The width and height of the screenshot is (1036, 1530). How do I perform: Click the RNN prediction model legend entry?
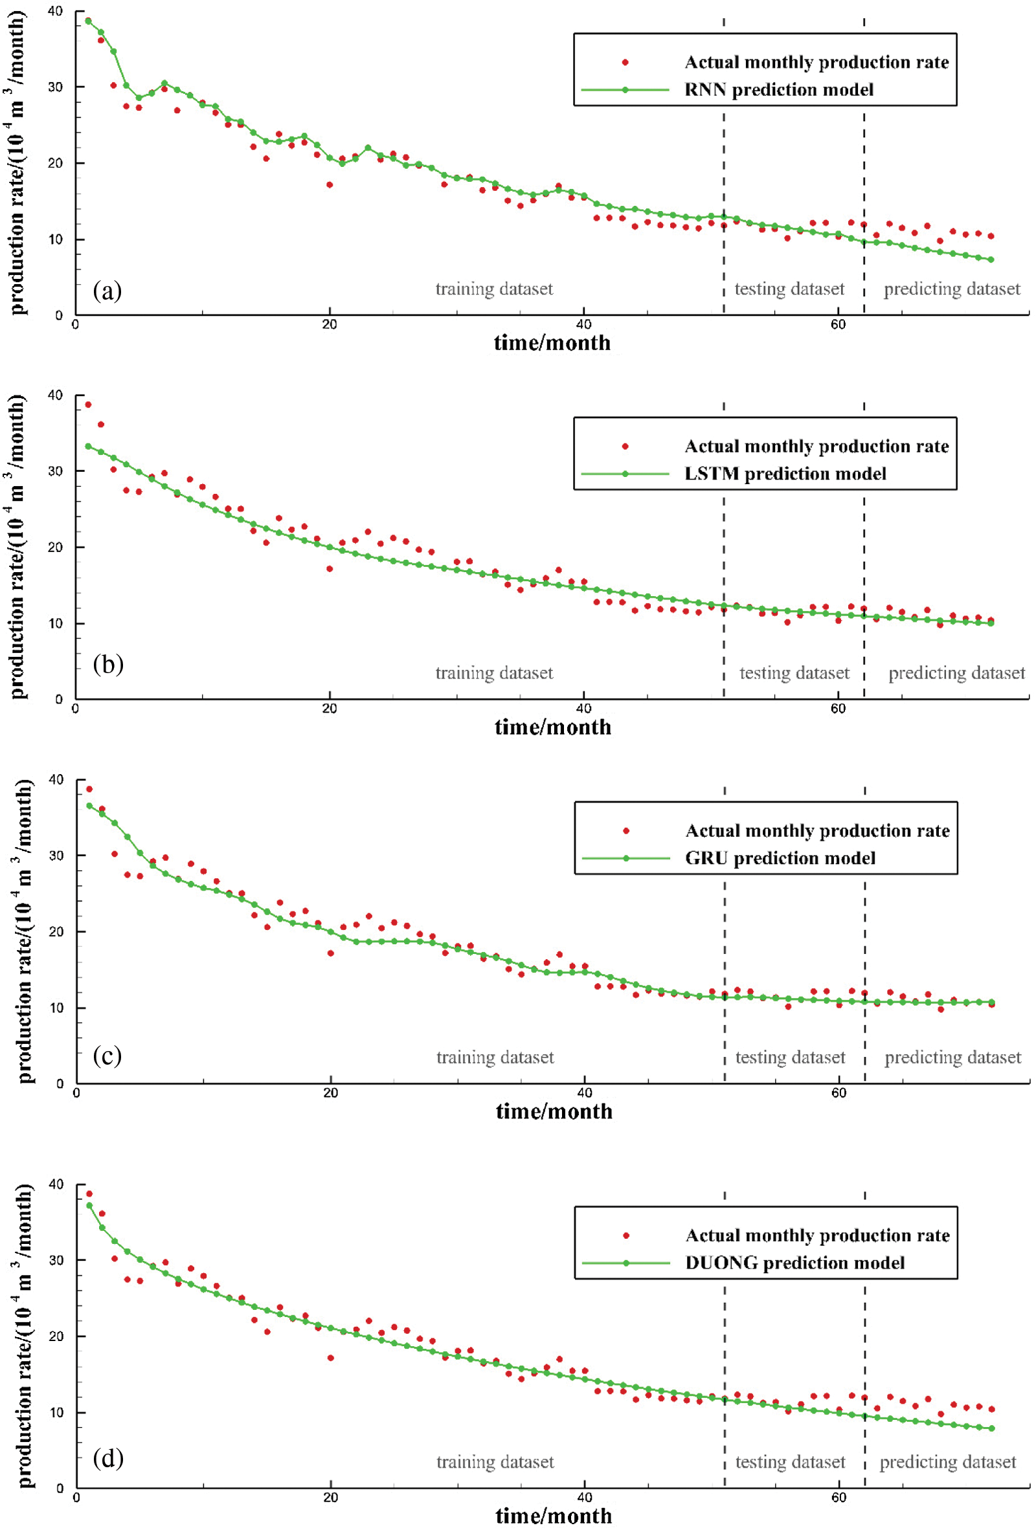[778, 89]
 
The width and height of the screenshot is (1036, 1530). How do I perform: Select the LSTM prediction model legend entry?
[785, 473]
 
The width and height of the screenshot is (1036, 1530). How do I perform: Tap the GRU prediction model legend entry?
[780, 858]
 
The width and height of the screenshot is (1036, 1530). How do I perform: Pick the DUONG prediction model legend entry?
[794, 1262]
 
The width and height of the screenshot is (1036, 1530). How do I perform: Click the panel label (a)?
[107, 291]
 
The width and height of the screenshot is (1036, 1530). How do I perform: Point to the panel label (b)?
[108, 664]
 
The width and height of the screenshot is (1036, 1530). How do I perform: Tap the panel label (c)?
[107, 1056]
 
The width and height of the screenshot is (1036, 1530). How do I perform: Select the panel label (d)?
[108, 1458]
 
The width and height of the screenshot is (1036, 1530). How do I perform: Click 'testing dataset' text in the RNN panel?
[789, 289]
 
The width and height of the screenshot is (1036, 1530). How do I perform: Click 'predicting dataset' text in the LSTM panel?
[956, 673]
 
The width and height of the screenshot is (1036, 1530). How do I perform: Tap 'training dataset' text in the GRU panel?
[495, 1057]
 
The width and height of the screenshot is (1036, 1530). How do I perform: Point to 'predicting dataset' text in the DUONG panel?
[948, 1461]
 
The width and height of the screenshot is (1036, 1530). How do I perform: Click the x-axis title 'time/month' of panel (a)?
[552, 342]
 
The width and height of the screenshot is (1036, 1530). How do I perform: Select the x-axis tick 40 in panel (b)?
[583, 709]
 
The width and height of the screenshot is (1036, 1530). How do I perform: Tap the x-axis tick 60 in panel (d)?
[839, 1497]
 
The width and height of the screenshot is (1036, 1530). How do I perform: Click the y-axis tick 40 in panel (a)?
[55, 11]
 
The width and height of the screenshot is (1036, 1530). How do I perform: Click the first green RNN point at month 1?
[88, 21]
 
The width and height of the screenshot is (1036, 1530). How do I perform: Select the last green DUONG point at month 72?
[991, 1428]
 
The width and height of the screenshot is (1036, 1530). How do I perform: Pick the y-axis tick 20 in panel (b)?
[55, 547]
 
